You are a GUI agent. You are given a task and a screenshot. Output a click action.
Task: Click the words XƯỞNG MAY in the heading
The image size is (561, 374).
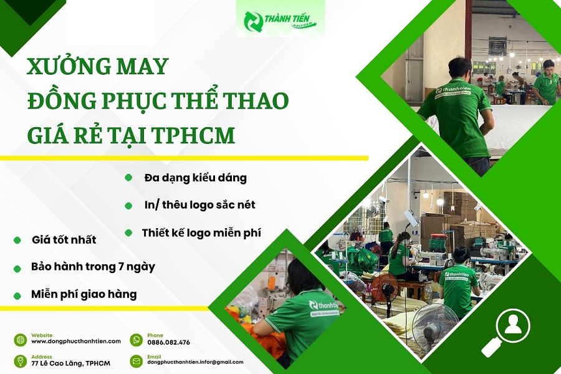click(98, 67)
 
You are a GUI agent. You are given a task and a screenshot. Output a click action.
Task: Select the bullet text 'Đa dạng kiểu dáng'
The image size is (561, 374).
click(196, 178)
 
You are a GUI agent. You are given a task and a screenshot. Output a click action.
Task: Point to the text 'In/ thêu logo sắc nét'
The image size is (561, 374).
click(200, 205)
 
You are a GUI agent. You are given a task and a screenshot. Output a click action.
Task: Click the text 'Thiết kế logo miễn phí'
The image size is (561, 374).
click(201, 233)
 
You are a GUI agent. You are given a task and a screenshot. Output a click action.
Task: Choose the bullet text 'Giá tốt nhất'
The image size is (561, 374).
click(64, 239)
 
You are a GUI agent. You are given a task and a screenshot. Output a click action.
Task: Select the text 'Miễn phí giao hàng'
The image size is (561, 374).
click(84, 294)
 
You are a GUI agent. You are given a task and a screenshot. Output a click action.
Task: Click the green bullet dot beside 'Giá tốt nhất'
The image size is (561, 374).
click(17, 240)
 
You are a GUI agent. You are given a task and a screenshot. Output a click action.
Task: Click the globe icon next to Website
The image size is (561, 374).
click(21, 340)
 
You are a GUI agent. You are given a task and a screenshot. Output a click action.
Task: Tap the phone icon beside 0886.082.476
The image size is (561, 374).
click(137, 340)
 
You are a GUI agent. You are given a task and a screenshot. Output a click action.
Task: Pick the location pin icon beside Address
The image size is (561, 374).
click(21, 361)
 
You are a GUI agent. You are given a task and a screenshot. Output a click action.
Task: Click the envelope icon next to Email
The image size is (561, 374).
click(137, 361)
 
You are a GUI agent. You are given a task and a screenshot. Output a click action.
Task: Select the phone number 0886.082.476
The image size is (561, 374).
click(168, 342)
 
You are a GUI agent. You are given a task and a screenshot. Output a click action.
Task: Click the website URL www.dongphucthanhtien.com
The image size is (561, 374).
click(76, 342)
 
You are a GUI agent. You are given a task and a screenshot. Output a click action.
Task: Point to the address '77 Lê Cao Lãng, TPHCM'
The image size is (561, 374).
click(71, 363)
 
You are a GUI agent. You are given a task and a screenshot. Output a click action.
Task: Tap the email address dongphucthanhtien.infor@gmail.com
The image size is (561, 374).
click(195, 362)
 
